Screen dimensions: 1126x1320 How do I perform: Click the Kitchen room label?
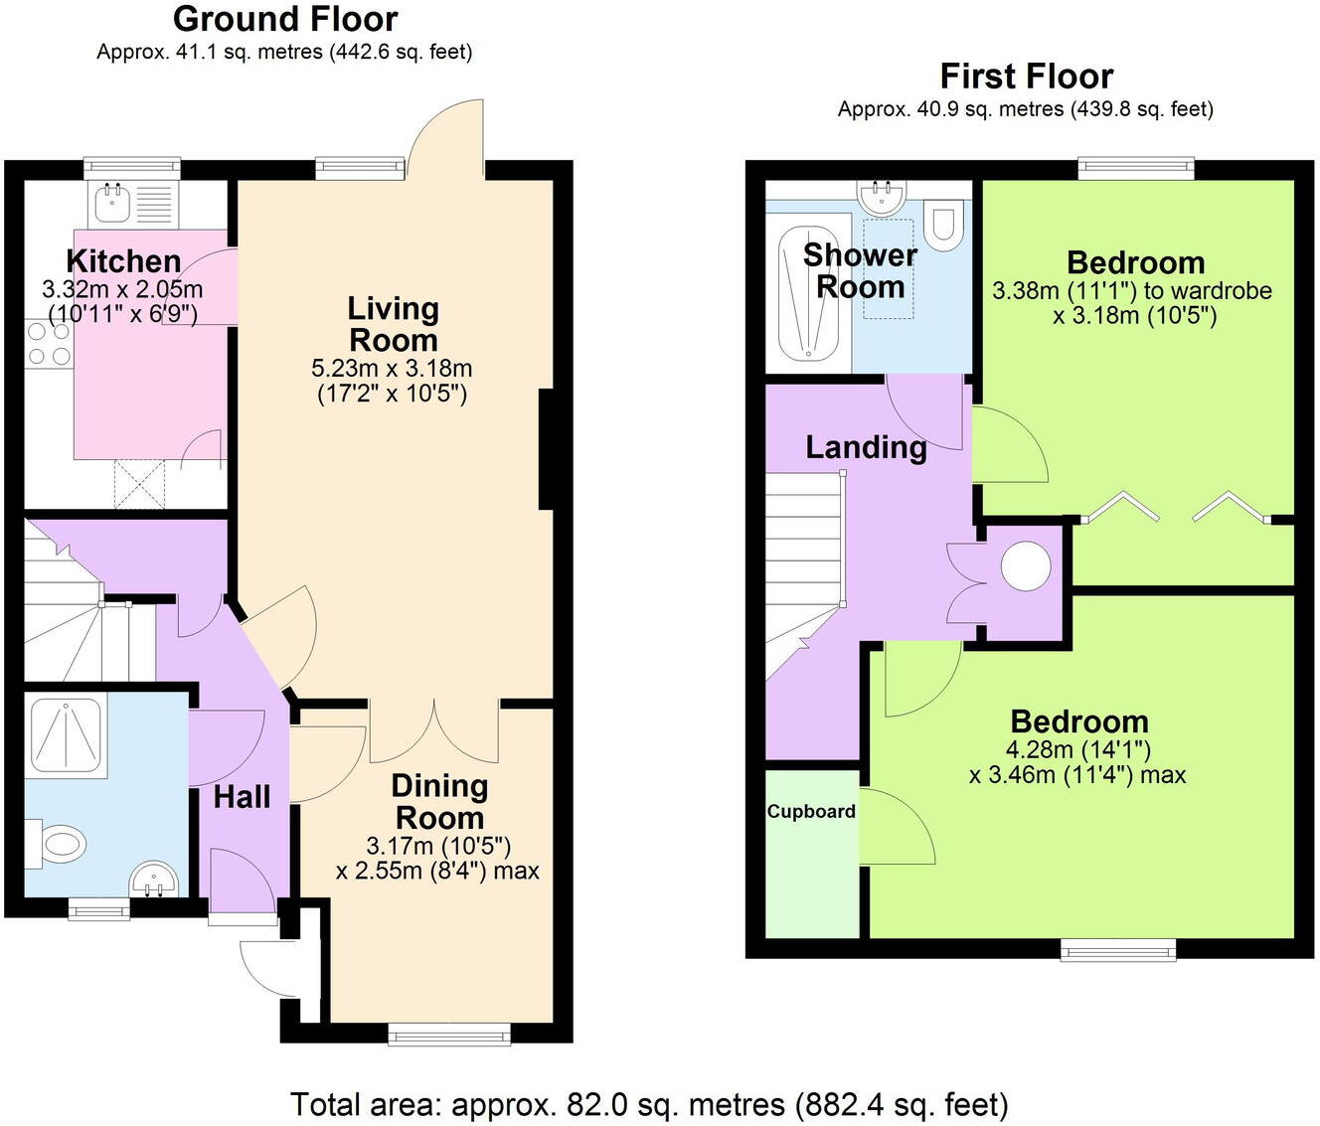[123, 261]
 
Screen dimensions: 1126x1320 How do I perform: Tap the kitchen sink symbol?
[110, 203]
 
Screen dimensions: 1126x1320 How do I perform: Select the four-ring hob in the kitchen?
[48, 345]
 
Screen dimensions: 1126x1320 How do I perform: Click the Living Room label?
[393, 324]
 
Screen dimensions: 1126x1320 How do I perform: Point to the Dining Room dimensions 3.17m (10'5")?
[438, 846]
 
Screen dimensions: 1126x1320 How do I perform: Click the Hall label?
[242, 796]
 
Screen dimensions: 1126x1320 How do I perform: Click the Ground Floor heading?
[285, 19]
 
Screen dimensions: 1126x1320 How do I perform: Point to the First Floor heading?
[1026, 76]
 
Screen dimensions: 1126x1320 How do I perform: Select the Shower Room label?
[860, 270]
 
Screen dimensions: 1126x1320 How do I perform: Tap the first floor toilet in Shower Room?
[942, 225]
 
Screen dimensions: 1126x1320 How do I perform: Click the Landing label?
[866, 447]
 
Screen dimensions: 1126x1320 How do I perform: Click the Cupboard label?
[811, 811]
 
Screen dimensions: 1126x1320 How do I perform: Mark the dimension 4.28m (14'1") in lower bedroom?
[1078, 749]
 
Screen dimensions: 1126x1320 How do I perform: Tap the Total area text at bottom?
[649, 1104]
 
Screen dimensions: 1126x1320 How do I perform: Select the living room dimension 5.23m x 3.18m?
[392, 369]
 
